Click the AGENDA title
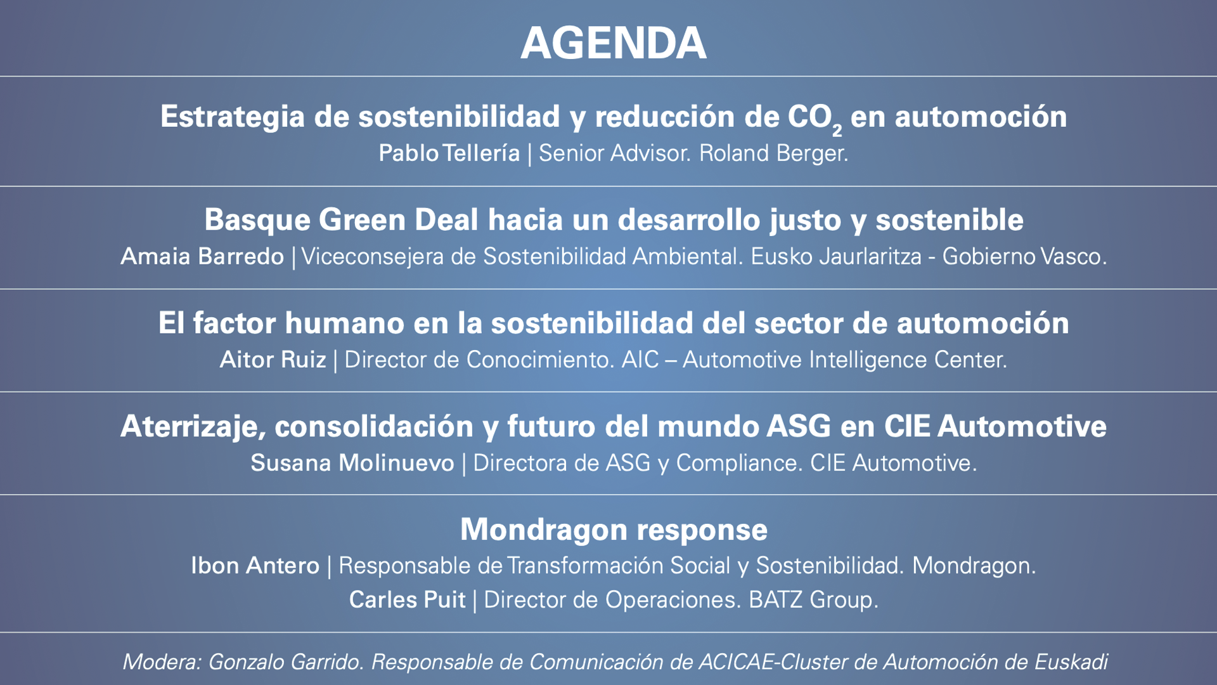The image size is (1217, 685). (x=613, y=43)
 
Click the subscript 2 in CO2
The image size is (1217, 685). (x=837, y=130)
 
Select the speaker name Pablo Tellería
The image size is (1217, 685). (x=449, y=153)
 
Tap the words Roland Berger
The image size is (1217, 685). (x=773, y=153)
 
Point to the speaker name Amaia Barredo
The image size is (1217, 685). (x=202, y=256)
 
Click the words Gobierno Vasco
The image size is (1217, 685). (x=1024, y=256)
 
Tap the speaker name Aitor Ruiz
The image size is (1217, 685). (x=273, y=360)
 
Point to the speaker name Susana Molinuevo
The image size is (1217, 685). (x=352, y=463)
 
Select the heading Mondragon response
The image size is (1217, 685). (x=614, y=530)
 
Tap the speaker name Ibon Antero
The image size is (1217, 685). (x=255, y=566)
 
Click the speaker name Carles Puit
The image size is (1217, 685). (x=407, y=600)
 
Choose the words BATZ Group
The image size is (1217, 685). (x=813, y=600)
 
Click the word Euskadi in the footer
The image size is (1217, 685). (x=1071, y=662)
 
